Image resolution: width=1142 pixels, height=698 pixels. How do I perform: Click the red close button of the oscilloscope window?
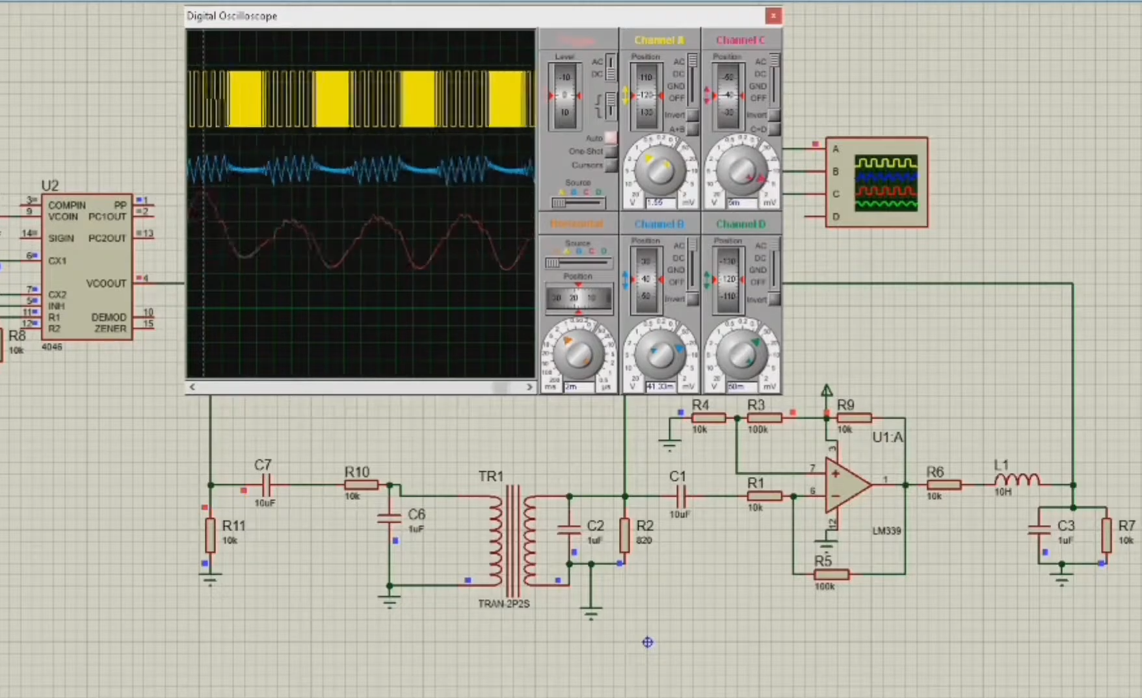pos(773,16)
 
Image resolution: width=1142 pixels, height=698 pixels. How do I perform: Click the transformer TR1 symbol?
pos(513,537)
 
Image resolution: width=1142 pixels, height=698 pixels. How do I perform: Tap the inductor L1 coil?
pos(1016,480)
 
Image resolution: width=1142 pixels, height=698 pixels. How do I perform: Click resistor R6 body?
pos(943,485)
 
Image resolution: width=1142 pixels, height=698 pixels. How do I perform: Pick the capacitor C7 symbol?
pos(266,484)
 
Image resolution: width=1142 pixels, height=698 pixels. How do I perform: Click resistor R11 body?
pos(210,534)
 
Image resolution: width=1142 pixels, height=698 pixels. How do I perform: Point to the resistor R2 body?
pos(624,534)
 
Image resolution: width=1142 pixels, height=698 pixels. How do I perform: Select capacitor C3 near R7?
pos(1039,529)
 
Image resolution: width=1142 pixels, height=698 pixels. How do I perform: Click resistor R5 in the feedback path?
pos(830,574)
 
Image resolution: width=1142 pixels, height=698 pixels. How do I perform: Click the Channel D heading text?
pos(740,224)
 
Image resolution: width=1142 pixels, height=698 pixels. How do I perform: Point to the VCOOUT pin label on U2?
pos(106,283)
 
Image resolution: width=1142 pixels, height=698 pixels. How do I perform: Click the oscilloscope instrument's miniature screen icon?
pos(886,183)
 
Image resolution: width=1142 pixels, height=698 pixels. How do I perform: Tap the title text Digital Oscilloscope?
pos(232,16)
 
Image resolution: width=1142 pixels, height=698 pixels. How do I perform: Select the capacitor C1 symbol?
pos(680,497)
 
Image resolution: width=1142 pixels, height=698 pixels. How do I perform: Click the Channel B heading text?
pos(659,224)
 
